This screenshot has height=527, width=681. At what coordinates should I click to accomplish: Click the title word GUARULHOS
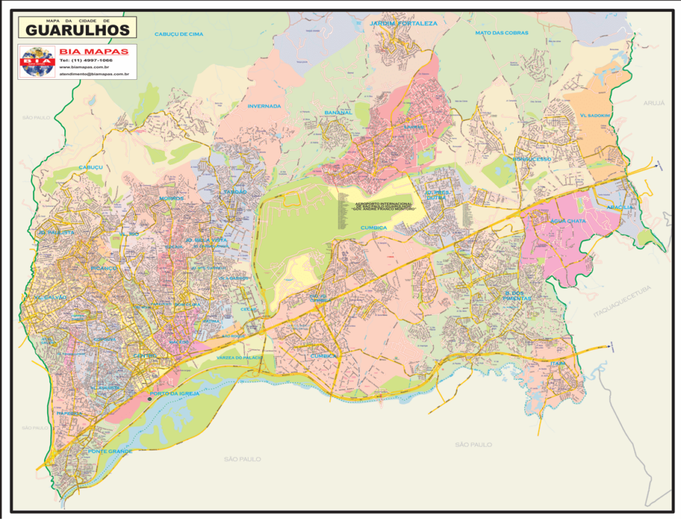(78, 30)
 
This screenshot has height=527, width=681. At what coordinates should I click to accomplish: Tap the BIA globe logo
(38, 61)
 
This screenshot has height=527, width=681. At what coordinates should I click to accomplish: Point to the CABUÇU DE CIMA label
(178, 33)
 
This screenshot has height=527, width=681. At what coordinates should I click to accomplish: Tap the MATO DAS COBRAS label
(501, 33)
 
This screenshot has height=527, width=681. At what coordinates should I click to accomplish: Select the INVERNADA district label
(264, 106)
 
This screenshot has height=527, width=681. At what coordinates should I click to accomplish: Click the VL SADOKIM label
(595, 114)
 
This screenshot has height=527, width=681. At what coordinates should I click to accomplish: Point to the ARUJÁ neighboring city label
(654, 103)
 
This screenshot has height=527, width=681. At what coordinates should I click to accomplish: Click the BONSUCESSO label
(532, 160)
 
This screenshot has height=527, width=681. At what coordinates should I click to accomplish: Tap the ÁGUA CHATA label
(567, 221)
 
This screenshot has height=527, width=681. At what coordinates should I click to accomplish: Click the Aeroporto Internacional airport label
(384, 206)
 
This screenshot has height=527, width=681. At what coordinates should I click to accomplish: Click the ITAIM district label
(557, 363)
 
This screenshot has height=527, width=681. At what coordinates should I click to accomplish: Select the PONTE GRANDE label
(110, 451)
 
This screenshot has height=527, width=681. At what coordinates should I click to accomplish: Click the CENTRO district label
(145, 356)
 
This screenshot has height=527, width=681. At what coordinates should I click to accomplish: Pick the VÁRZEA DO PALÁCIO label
(239, 358)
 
